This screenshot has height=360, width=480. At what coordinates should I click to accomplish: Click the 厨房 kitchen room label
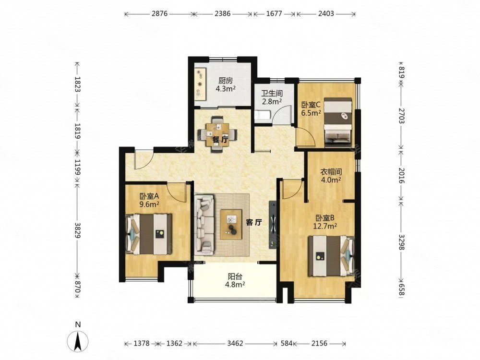[x=226, y=81]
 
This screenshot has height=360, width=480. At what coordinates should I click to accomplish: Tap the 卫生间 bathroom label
[x=272, y=93]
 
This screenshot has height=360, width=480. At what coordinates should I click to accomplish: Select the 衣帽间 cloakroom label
[x=331, y=172]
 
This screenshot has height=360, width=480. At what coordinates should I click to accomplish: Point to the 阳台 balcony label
[x=235, y=276]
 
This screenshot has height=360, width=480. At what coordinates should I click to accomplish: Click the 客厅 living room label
[x=254, y=223]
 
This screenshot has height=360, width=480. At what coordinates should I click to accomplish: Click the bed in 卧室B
[x=331, y=255]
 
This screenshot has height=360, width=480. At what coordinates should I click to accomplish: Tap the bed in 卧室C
[x=338, y=120]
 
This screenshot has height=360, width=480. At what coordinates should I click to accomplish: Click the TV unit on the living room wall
[x=273, y=225]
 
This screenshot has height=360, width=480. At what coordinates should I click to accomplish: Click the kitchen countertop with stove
[x=201, y=84]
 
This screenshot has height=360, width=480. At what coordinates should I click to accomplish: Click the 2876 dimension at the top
[x=160, y=14]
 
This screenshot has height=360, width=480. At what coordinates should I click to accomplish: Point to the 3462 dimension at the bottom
[x=235, y=344]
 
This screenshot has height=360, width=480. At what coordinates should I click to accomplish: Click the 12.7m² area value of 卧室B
[x=325, y=226]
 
